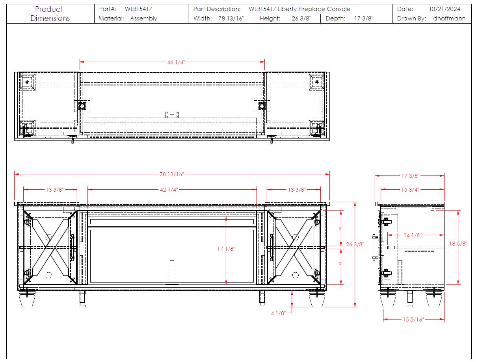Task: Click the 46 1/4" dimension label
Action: [x=176, y=63]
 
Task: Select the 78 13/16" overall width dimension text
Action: [x=171, y=174]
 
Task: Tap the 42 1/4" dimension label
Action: [x=169, y=190]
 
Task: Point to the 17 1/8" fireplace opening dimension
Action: [x=226, y=249]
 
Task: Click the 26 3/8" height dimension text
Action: [x=355, y=244]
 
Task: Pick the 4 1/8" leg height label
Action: [x=278, y=313]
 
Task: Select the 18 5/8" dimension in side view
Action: [x=458, y=244]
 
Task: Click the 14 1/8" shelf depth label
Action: [x=413, y=235]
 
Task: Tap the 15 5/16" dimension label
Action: [x=413, y=320]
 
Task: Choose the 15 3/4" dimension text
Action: [x=410, y=190]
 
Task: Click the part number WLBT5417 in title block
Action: [x=138, y=9]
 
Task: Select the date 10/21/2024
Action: [x=445, y=9]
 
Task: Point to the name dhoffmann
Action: [x=449, y=18]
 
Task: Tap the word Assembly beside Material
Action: [x=143, y=19]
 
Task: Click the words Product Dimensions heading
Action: [x=50, y=14]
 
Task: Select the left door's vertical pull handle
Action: [x=72, y=247]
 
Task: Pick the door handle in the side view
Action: [x=374, y=247]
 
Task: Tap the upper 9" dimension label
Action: [x=341, y=229]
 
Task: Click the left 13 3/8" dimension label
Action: [x=55, y=190]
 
